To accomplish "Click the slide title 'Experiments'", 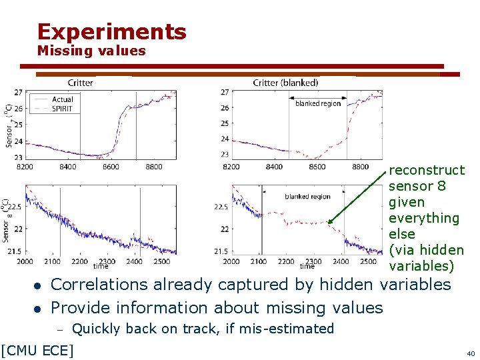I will tap(112, 31).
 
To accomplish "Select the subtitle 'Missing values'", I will tap(91, 51).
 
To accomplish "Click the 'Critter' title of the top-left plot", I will tap(80, 83).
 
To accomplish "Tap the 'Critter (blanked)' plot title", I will tap(285, 83).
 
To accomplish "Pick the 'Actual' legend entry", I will tap(62, 99).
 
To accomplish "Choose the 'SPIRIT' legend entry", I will tap(63, 108).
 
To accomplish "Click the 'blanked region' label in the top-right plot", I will tap(318, 103).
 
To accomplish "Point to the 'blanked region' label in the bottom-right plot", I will tap(307, 197).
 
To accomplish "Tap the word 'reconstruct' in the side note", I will tap(426, 170).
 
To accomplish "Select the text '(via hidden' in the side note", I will tap(426, 250).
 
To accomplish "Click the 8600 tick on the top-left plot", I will tap(111, 167).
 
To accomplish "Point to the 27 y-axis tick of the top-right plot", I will tap(225, 92).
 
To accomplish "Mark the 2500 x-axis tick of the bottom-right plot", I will tap(367, 262).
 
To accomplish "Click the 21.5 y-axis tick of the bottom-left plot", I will tap(15, 251).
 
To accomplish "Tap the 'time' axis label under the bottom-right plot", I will tap(307, 266).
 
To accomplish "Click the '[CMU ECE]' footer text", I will tap(37, 349).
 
